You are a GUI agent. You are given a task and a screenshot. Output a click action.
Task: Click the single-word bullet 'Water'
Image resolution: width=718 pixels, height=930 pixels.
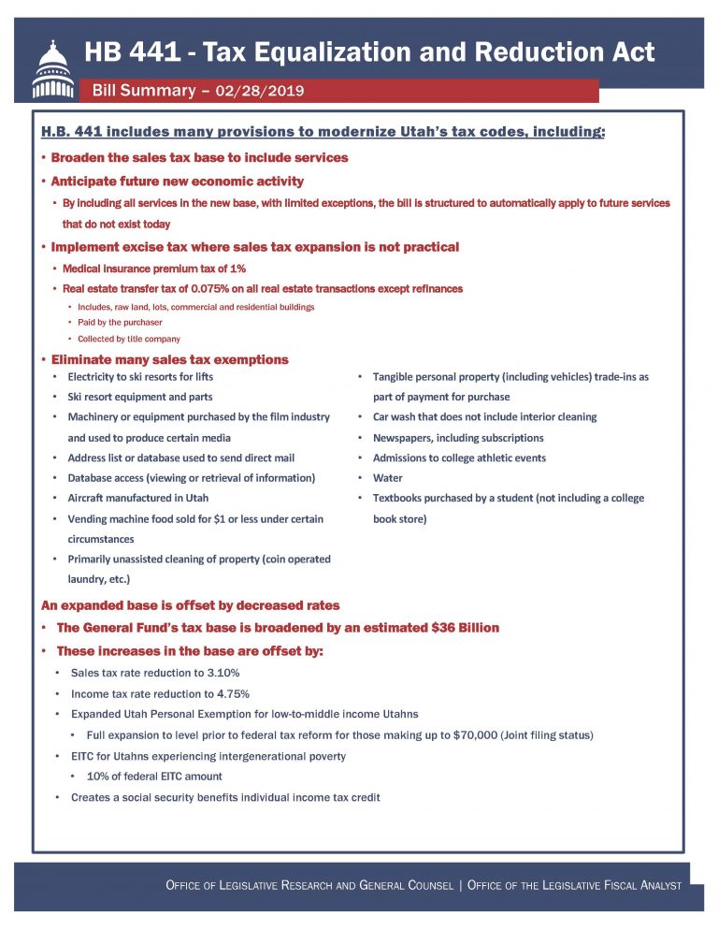(387, 478)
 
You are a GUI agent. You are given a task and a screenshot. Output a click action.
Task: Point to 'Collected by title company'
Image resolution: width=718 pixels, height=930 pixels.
(130, 339)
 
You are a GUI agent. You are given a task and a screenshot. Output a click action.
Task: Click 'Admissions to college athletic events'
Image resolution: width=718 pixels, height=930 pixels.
(459, 458)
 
